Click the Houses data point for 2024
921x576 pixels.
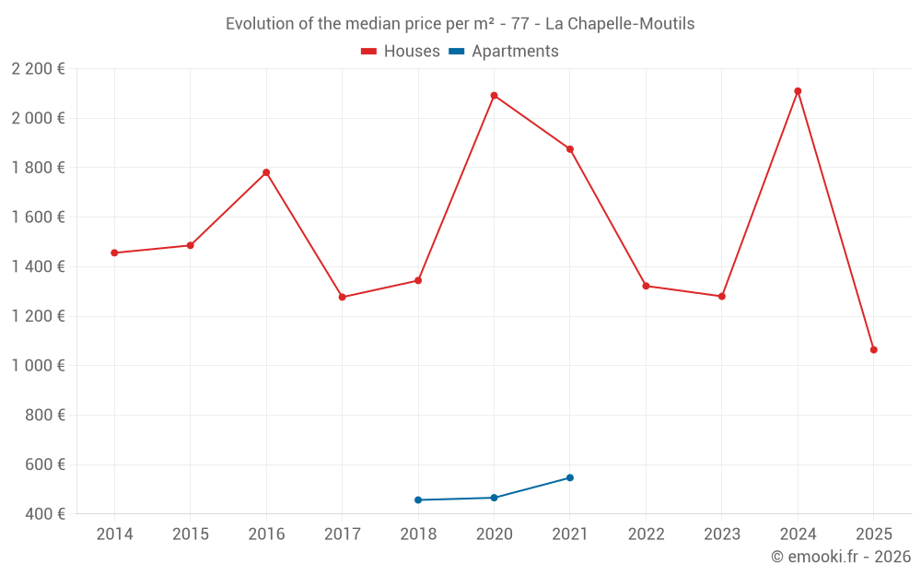pos(798,91)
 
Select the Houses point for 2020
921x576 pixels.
pos(495,96)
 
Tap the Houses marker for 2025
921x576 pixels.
pos(873,350)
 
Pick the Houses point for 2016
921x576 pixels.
pos(266,172)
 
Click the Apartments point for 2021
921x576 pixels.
pos(570,477)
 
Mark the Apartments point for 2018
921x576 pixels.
pos(418,500)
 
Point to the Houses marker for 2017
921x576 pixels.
pos(343,297)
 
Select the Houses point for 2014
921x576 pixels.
pos(114,253)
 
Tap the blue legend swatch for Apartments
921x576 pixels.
pos(456,52)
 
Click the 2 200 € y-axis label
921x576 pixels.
pos(38,69)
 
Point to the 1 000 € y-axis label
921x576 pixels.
pos(38,366)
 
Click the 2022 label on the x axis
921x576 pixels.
pos(646,535)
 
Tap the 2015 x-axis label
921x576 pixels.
pos(191,535)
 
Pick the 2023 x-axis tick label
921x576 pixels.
pos(722,535)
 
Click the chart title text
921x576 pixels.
pos(460,24)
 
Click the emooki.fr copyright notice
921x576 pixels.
pos(840,557)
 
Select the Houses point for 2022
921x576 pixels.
pos(646,286)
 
